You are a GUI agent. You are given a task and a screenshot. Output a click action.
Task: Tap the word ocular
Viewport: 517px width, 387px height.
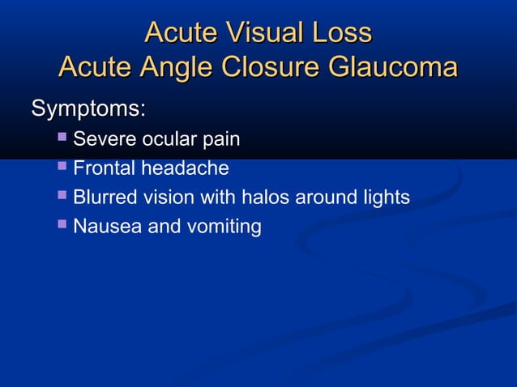[x=168, y=140]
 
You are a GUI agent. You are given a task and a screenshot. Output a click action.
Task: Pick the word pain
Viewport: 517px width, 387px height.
[x=220, y=141]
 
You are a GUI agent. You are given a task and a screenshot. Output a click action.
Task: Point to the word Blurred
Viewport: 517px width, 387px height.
[x=104, y=198]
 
